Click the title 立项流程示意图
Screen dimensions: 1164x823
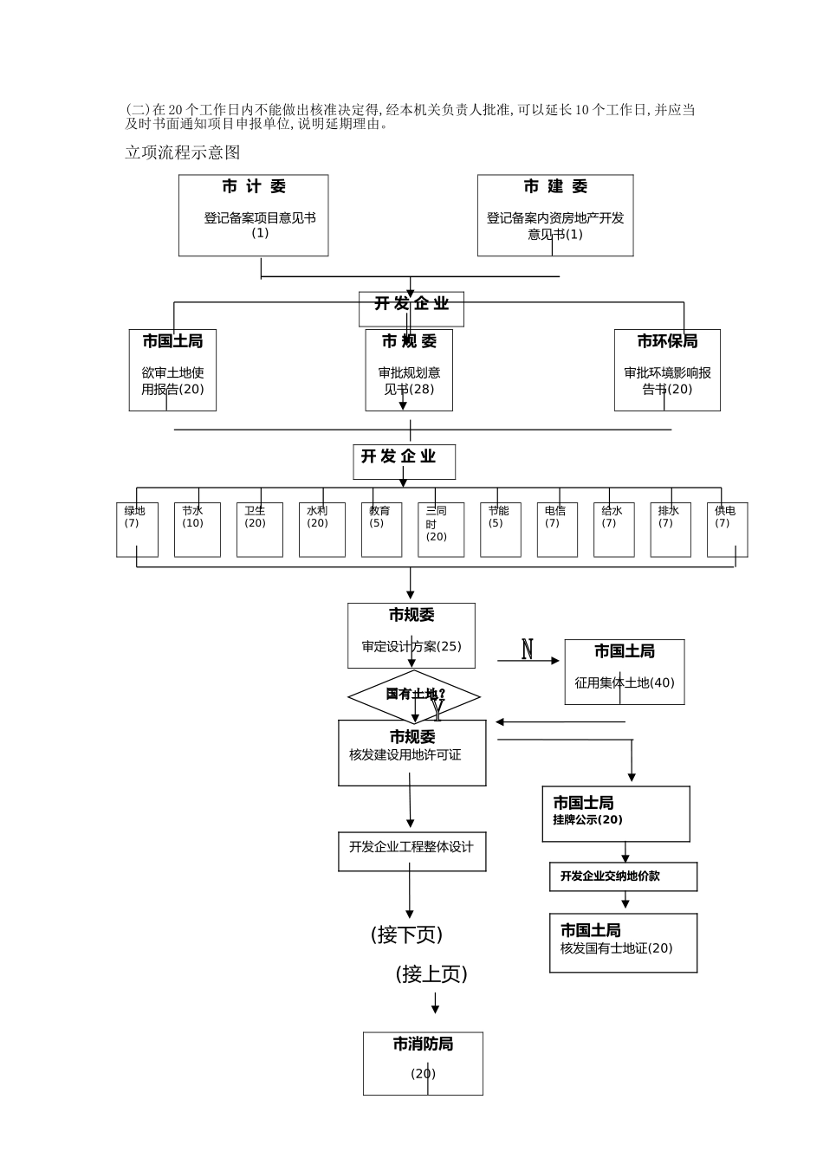(183, 153)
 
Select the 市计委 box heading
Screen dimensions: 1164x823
(253, 187)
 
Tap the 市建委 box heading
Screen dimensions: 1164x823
(555, 187)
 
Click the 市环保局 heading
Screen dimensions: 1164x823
(667, 342)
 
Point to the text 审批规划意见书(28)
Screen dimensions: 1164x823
(409, 381)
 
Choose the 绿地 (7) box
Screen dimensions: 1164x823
(137, 529)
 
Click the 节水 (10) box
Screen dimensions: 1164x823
(197, 529)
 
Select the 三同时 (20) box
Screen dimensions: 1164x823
(440, 529)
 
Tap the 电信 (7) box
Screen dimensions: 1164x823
(556, 529)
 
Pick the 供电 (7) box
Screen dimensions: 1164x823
(727, 529)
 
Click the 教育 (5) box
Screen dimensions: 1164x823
(381, 529)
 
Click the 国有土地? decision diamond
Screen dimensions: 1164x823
(414, 695)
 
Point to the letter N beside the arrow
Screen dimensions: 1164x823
(527, 649)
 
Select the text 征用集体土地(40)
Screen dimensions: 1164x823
(624, 683)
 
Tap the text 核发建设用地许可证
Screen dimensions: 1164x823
(405, 755)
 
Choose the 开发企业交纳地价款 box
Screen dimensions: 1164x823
(623, 876)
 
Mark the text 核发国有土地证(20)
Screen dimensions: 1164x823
(616, 948)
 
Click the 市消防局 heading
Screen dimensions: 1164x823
(423, 1044)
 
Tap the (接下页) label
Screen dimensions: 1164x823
(406, 935)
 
